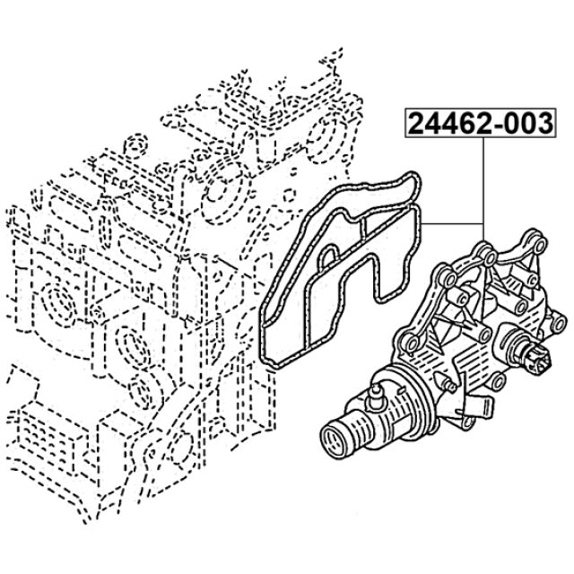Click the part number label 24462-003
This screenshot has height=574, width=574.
480,123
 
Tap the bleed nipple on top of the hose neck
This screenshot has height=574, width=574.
375,396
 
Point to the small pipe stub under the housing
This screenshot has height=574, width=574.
480,407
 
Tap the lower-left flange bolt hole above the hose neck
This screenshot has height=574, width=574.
411,344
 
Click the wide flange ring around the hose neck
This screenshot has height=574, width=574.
403,400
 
